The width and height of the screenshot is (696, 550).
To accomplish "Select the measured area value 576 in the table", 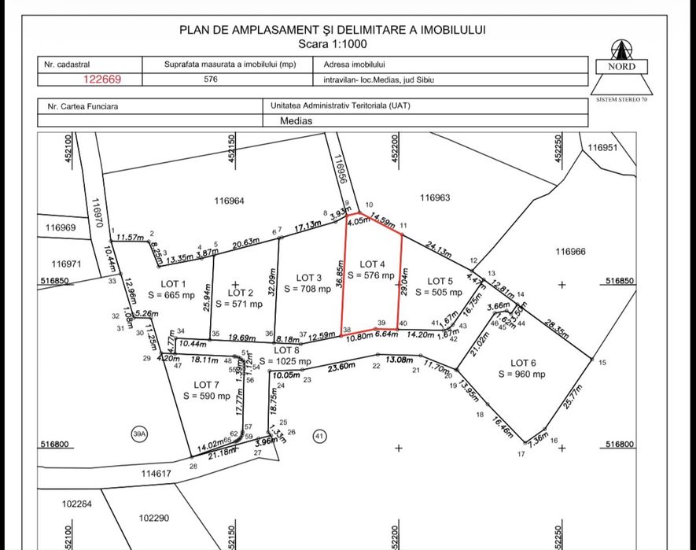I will (x=210, y=79).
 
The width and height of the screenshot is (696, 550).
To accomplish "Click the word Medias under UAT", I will (x=296, y=121).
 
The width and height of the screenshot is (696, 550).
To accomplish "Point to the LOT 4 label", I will (x=373, y=264).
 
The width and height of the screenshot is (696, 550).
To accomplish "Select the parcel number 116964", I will (x=229, y=201).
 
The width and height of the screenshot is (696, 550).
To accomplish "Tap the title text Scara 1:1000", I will (x=333, y=45).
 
